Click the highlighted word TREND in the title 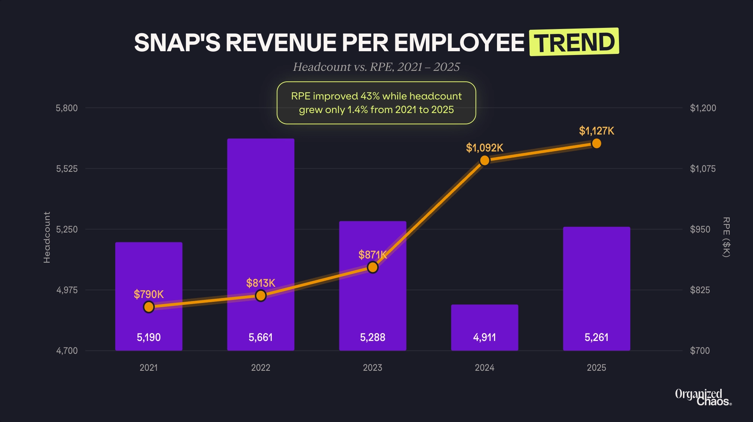tap(574, 42)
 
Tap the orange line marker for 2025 tap(596, 144)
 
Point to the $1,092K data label tap(485, 148)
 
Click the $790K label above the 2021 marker tap(149, 294)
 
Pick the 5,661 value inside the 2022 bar tap(261, 337)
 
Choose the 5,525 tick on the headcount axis tap(67, 169)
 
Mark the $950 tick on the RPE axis tap(700, 229)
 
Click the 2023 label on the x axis tap(372, 368)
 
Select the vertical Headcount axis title tap(47, 237)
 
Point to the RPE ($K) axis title tap(726, 237)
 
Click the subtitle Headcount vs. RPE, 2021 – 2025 tap(376, 67)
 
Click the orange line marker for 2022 tap(261, 296)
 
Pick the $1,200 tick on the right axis tap(703, 108)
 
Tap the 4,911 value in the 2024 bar tap(485, 337)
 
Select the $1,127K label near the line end tap(596, 131)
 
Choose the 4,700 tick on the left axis tap(67, 351)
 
